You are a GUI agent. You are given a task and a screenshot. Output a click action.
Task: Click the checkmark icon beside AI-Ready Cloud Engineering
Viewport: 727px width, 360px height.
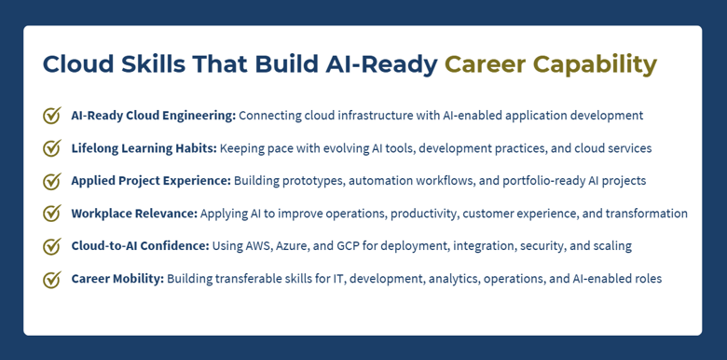coord(52,116)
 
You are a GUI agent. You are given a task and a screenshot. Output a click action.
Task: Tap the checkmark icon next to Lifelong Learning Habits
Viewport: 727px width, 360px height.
coord(52,148)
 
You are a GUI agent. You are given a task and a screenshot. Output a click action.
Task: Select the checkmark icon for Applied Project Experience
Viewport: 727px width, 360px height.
coord(52,181)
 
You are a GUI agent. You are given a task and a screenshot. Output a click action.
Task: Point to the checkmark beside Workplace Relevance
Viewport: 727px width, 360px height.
coord(52,214)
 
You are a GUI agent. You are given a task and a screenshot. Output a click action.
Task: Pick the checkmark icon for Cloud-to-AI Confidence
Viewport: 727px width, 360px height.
coord(52,246)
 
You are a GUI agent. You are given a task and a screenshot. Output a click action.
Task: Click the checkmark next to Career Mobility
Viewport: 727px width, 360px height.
coord(52,279)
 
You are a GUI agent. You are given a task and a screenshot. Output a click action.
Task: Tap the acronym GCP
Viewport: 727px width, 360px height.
coord(344,246)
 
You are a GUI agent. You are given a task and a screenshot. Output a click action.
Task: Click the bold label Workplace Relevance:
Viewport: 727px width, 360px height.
coord(134,214)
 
